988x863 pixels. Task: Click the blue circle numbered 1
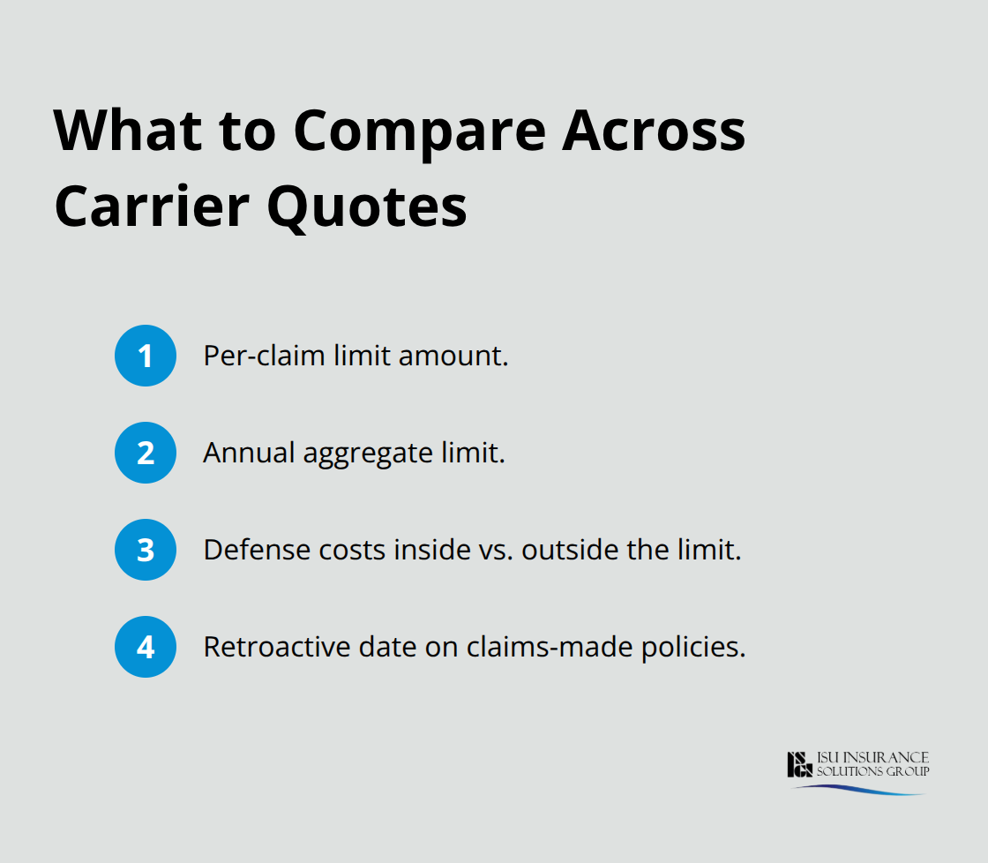146,356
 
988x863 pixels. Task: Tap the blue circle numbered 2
146,453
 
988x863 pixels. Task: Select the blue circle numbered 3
146,550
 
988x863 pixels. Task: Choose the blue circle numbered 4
146,647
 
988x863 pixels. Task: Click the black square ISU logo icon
799,764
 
